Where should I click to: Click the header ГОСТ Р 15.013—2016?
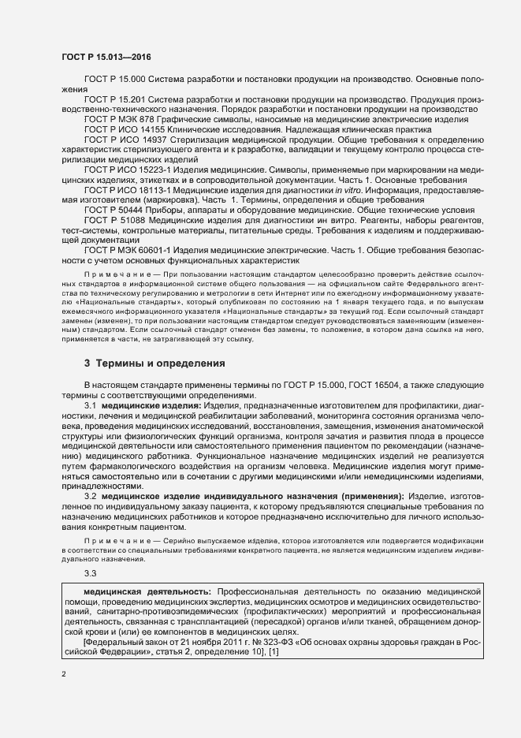coord(106,58)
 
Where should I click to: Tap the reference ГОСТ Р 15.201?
coord(116,100)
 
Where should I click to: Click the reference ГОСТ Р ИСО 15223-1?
coord(128,170)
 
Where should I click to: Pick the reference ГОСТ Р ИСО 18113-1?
coord(128,190)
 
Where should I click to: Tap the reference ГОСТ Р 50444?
coord(114,211)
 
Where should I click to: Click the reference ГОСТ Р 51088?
coord(114,220)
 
